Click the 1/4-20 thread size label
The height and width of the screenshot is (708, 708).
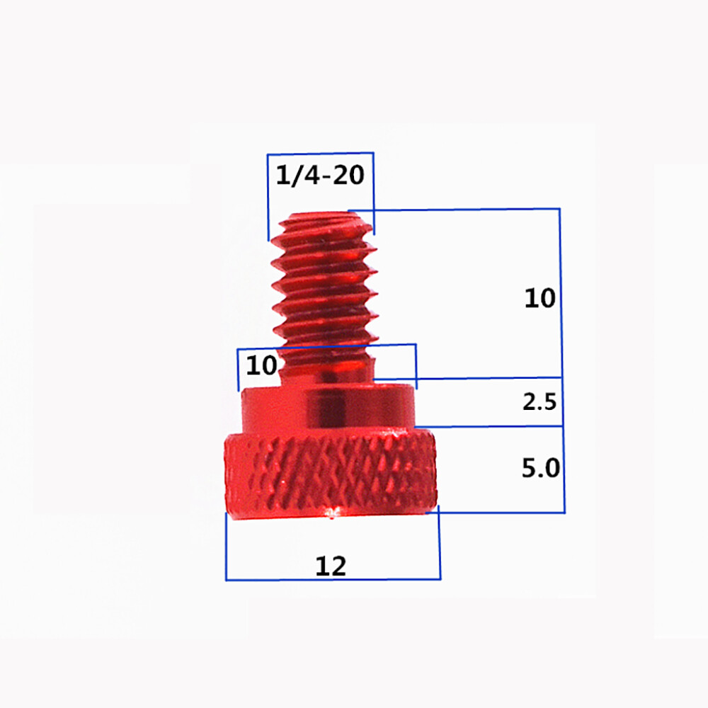click(x=321, y=174)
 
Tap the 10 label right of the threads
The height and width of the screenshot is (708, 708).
click(x=540, y=297)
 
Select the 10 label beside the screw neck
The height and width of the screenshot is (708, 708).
click(x=261, y=366)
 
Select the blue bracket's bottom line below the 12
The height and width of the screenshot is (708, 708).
click(x=333, y=580)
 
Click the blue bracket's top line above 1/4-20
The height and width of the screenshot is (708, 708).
click(x=320, y=154)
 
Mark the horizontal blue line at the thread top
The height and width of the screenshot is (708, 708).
click(x=460, y=210)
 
